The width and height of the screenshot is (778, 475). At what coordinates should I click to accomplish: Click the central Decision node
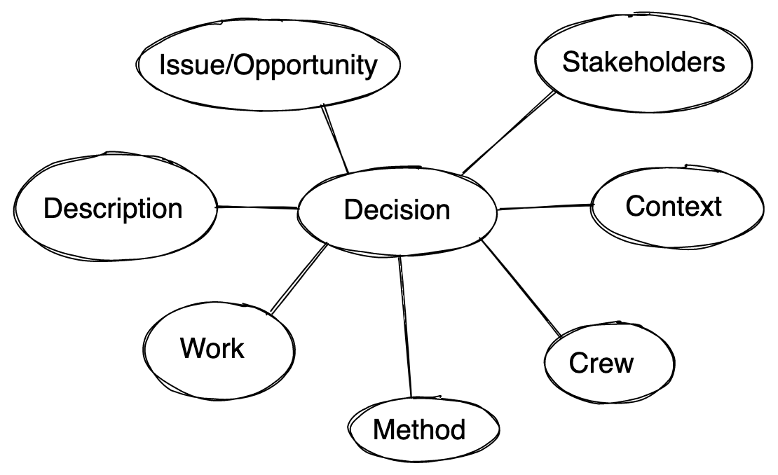[x=397, y=209]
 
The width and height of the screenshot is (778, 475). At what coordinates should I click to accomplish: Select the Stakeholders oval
[x=643, y=62]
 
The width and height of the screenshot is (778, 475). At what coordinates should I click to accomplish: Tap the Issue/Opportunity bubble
[x=268, y=66]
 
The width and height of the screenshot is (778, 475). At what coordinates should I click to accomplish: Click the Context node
[x=673, y=206]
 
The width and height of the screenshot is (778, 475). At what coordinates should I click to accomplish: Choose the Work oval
[x=212, y=348]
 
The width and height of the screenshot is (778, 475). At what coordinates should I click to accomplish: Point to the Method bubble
[x=419, y=429]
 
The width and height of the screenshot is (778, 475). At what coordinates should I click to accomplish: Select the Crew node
[x=601, y=363]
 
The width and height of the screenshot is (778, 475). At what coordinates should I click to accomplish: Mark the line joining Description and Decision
[x=257, y=207]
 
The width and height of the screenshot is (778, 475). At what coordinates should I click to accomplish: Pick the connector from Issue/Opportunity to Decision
[x=336, y=139]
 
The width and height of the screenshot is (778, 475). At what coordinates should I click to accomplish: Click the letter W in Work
[x=193, y=348]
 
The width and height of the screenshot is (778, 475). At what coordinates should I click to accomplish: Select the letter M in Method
[x=383, y=429]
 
